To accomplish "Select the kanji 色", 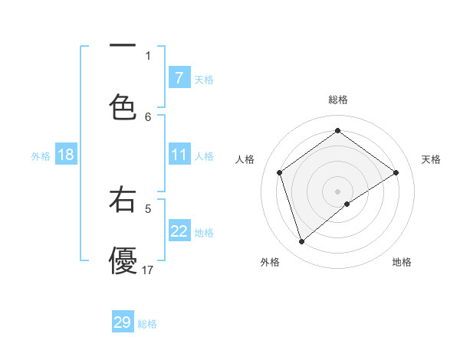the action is point(123,106).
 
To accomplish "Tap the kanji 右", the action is point(123,200).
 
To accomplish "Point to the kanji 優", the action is point(123,260).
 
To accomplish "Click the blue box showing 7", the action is point(179,78).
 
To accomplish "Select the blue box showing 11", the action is point(179,155).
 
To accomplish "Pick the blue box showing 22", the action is point(179,231).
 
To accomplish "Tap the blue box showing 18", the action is point(65,155).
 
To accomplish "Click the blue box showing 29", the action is point(123,322).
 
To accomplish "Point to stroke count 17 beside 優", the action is point(148,270).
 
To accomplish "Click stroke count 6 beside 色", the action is point(148,116).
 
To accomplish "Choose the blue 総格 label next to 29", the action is point(147,324).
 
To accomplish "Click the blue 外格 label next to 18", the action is point(41,156).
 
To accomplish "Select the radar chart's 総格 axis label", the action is point(337,100).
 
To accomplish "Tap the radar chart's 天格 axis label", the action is point(432,159).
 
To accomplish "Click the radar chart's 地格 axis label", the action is point(402,262).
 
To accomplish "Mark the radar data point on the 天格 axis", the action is point(396,172).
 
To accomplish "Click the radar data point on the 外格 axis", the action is point(301,242).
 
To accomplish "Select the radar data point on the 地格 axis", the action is point(347,204).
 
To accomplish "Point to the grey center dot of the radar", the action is point(337,191).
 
